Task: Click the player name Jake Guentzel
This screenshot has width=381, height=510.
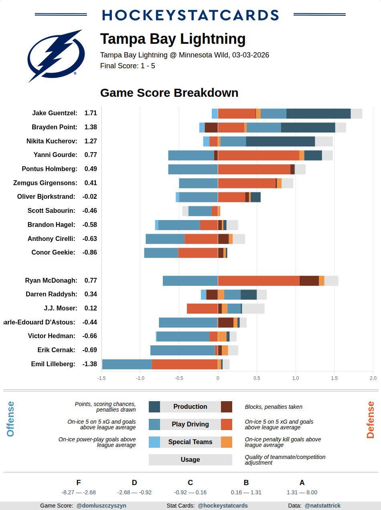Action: coord(55,113)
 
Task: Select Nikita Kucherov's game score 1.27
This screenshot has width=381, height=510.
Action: coord(91,141)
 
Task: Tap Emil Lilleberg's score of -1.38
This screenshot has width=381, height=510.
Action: coord(90,364)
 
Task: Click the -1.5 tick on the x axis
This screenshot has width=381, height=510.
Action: coord(101,378)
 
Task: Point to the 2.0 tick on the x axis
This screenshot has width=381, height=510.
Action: coord(373,378)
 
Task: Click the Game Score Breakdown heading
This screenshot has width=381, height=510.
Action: coord(169,93)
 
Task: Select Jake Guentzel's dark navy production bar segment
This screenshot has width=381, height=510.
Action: coord(318,114)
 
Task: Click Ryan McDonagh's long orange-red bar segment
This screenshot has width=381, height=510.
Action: coord(259,281)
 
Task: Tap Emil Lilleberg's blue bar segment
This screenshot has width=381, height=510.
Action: coord(127,364)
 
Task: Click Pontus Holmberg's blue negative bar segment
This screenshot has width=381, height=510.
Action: coord(193,169)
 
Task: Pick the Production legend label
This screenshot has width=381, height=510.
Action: coord(190,406)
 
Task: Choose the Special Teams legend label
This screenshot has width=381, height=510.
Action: coord(190,442)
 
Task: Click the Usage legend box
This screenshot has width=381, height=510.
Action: coord(190,459)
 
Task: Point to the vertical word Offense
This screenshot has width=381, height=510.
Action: coord(10,419)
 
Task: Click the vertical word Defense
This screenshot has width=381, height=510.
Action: coord(370,420)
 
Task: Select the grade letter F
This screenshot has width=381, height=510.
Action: coord(79,483)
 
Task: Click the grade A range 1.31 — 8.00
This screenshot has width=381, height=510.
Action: coord(302,492)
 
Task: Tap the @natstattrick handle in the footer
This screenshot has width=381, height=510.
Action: coord(322,506)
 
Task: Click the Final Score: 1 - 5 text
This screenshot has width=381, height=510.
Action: coord(128,66)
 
